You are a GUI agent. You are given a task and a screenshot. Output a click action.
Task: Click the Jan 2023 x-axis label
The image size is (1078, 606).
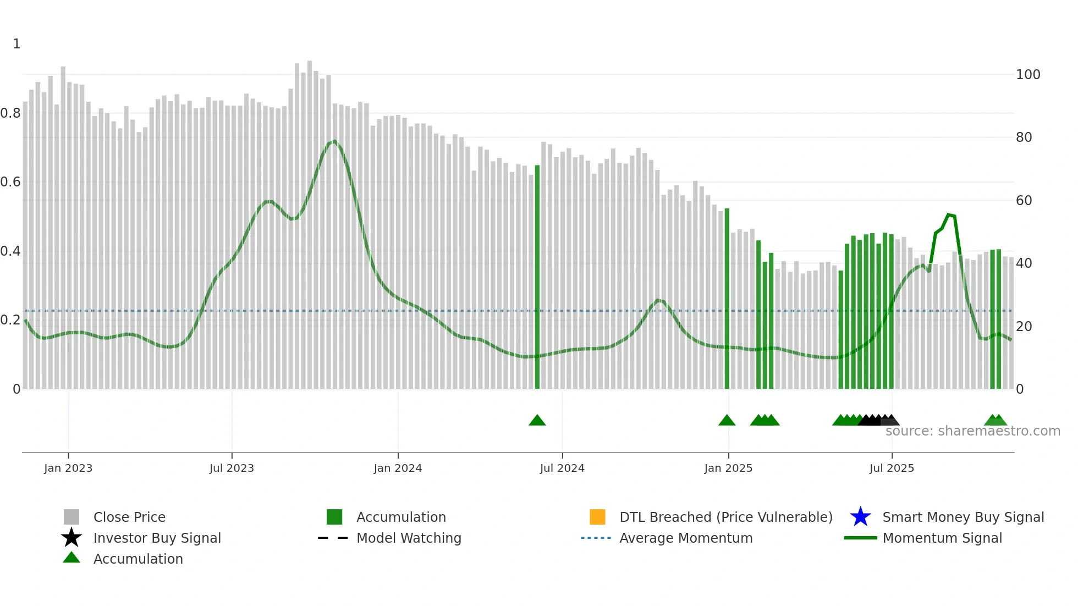(x=68, y=468)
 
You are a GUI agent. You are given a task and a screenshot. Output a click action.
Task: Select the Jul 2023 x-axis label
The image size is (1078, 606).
(x=232, y=468)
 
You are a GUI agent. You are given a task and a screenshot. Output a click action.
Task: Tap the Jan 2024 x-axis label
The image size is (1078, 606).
(x=398, y=468)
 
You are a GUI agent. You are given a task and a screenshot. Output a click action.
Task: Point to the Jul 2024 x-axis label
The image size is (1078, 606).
(x=562, y=468)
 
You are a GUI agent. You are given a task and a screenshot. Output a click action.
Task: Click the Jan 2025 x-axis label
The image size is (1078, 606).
(x=728, y=468)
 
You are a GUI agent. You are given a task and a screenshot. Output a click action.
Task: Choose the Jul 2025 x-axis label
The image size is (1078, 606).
(x=892, y=468)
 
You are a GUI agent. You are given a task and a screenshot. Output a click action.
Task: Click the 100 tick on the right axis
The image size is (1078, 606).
(x=1028, y=75)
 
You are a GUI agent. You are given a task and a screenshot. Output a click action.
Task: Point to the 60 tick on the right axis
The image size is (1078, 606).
(x=1024, y=201)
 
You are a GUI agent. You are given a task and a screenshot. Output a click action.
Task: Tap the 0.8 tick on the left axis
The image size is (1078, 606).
(x=10, y=113)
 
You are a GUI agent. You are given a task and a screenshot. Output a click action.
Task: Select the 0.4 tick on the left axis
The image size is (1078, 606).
(x=10, y=251)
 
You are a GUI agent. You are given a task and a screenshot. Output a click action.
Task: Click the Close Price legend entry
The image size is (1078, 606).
(x=129, y=517)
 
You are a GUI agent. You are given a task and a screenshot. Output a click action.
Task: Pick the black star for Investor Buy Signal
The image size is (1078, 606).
(x=71, y=538)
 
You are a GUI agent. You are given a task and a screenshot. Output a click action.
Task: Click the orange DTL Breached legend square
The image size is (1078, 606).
(x=597, y=517)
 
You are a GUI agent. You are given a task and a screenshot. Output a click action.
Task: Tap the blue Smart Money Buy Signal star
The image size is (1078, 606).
(x=860, y=517)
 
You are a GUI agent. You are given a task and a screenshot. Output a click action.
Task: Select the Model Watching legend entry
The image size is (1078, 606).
(x=409, y=538)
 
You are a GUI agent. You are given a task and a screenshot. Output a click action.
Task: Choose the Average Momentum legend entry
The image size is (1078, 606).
(x=686, y=538)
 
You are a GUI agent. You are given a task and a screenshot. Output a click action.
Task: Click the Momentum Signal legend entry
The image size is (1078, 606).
(x=942, y=538)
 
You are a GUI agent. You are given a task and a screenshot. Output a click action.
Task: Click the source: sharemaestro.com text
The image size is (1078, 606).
(x=973, y=431)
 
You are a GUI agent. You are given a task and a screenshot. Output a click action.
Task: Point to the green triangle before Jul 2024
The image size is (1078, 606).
(x=537, y=421)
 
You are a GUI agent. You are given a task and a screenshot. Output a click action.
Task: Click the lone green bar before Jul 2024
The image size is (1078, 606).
(x=537, y=275)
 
